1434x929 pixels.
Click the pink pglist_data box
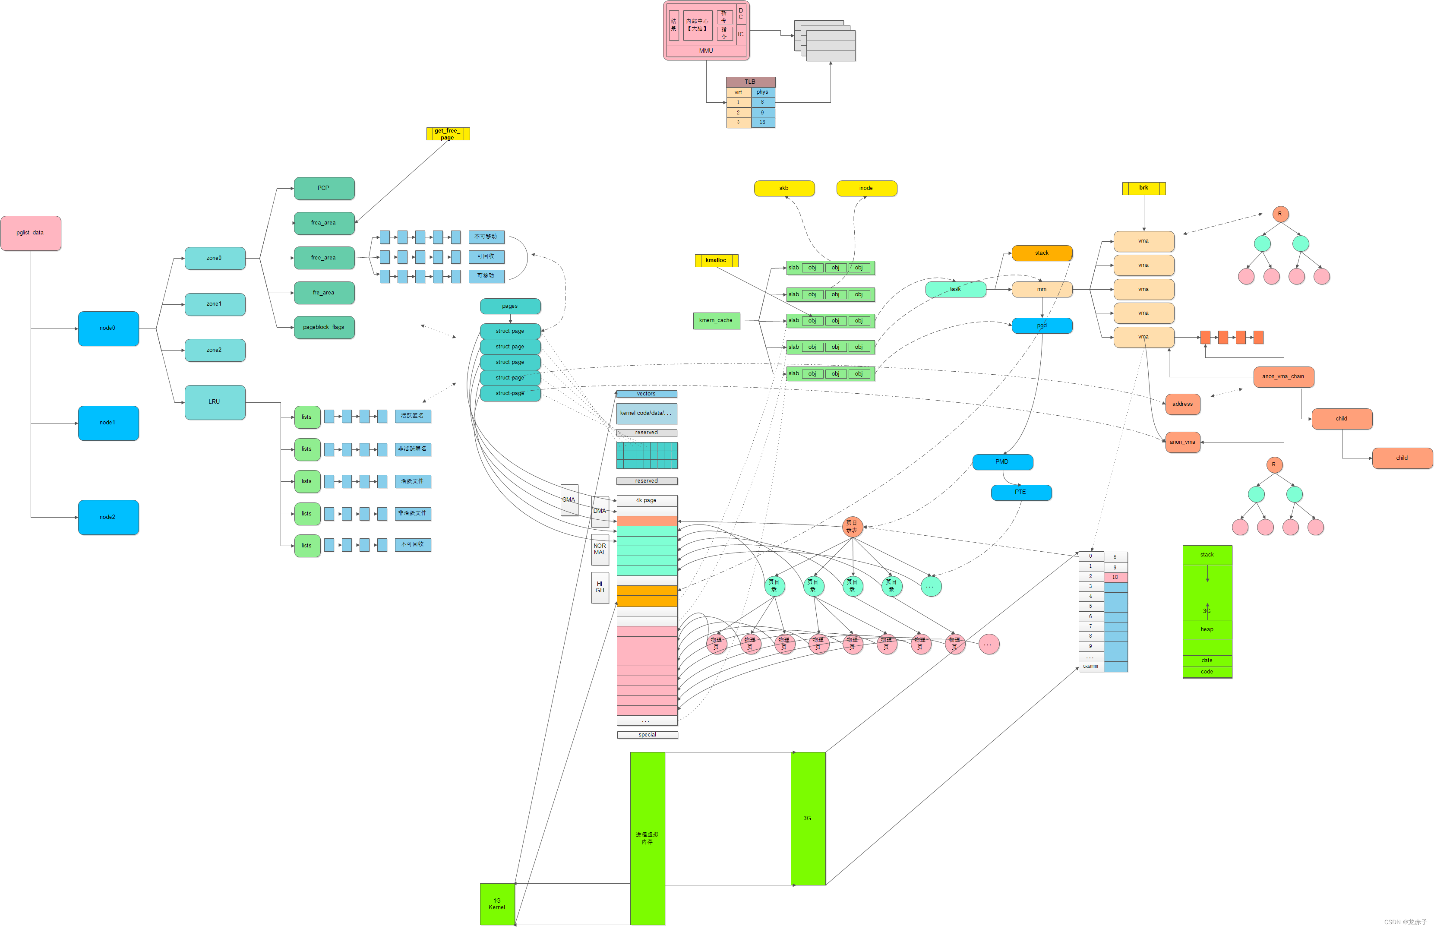coord(31,233)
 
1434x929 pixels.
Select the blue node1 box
coord(108,423)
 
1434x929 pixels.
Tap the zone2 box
coord(215,350)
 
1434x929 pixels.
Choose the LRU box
coord(215,402)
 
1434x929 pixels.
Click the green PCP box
coord(324,188)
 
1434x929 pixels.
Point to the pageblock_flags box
coord(324,327)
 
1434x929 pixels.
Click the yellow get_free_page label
coord(448,134)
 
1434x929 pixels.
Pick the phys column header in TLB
coord(763,92)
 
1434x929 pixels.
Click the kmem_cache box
coord(716,320)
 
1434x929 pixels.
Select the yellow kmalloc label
coord(716,260)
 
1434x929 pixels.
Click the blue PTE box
coord(1020,492)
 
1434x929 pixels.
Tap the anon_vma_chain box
coord(1283,376)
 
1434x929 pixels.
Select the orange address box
coord(1183,404)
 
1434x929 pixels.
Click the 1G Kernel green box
coord(497,904)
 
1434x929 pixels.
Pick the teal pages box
coord(510,306)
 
